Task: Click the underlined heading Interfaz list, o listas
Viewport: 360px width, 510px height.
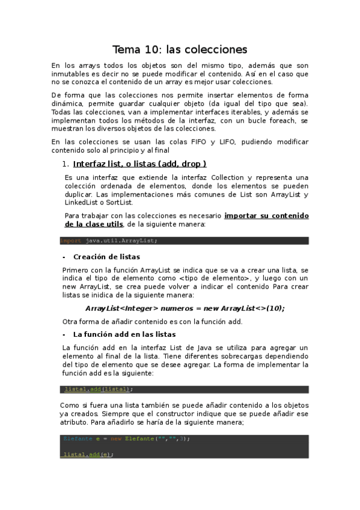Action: click(139, 164)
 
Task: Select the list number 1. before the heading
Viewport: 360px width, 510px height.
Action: click(66, 164)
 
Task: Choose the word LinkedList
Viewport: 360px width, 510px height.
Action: click(84, 203)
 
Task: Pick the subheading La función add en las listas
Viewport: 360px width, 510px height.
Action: click(124, 334)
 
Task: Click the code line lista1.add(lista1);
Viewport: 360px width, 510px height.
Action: click(99, 389)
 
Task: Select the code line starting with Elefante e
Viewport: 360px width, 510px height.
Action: click(126, 438)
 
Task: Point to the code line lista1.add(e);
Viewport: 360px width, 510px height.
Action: click(89, 455)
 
